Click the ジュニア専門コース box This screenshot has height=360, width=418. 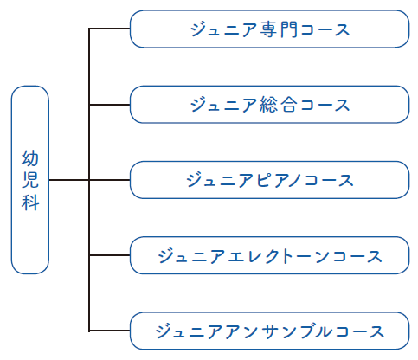(x=269, y=29)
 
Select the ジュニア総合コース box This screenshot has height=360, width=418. (x=269, y=105)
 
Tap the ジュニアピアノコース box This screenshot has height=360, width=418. (x=269, y=180)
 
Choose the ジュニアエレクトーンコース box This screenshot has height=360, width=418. (x=269, y=255)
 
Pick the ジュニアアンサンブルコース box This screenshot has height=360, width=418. (x=269, y=331)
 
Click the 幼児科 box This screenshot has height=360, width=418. (x=30, y=180)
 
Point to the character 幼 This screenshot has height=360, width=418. (x=30, y=158)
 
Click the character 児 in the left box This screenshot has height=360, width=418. (x=30, y=180)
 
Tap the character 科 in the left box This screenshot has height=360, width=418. (x=30, y=202)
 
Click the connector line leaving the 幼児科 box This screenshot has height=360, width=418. (x=69, y=180)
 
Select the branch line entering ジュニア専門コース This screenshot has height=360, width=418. (x=109, y=29)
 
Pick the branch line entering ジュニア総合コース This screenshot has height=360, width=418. (x=109, y=105)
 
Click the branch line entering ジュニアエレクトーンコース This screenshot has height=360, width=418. (x=109, y=255)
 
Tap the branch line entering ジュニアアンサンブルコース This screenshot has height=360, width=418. (x=109, y=331)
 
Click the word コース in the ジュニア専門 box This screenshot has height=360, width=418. (x=325, y=29)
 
